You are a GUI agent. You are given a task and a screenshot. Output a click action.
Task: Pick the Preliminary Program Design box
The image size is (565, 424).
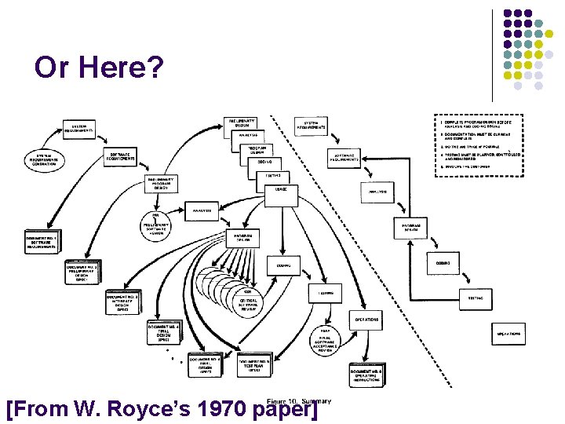(162, 184)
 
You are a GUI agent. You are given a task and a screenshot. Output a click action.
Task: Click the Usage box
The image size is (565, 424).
(281, 190)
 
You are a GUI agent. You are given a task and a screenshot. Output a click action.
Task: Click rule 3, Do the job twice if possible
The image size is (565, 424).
(470, 146)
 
